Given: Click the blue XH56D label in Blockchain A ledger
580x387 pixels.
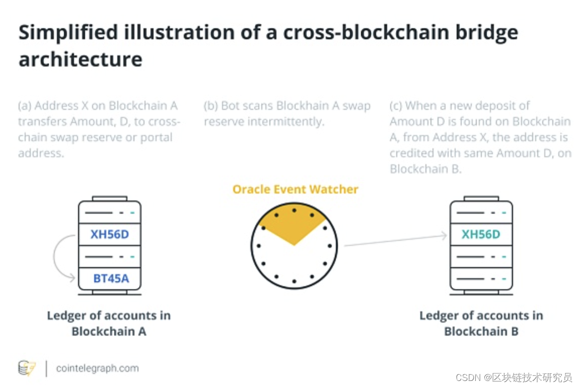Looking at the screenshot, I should click(110, 234).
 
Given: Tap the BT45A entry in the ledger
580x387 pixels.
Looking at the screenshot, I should click(111, 278).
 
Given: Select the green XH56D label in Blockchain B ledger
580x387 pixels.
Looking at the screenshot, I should click(481, 234).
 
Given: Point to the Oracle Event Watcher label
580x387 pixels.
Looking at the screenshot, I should click(296, 189).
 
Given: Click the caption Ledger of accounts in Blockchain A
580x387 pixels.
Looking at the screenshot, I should click(109, 323).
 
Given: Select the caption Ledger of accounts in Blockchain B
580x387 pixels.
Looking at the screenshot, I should click(481, 323).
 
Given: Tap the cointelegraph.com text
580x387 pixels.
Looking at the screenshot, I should click(97, 368).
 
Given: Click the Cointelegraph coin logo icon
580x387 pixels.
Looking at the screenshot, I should click(27, 368).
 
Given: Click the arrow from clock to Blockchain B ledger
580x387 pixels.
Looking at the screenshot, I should click(395, 240).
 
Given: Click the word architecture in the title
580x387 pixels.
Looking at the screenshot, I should click(81, 59).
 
